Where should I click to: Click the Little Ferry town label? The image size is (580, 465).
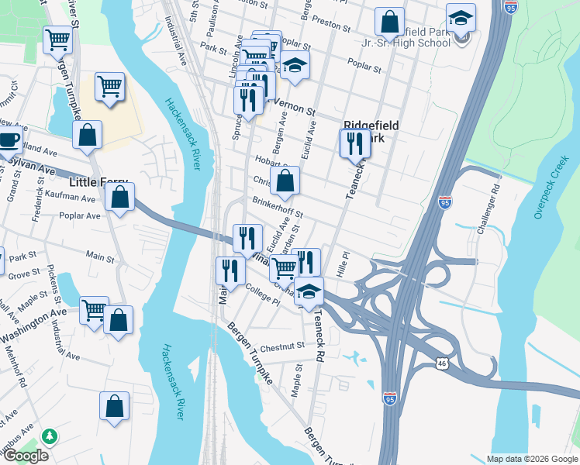tap(98, 183)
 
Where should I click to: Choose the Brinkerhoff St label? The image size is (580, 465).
tap(276, 205)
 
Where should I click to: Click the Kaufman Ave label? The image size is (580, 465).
tap(70, 198)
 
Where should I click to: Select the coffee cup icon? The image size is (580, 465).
tap(9, 140)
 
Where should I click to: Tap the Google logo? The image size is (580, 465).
tap(25, 456)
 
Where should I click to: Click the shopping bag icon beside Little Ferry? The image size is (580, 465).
tap(120, 198)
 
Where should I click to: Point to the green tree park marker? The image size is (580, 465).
tap(50, 437)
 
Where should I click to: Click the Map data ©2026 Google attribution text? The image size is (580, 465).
tap(531, 459)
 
